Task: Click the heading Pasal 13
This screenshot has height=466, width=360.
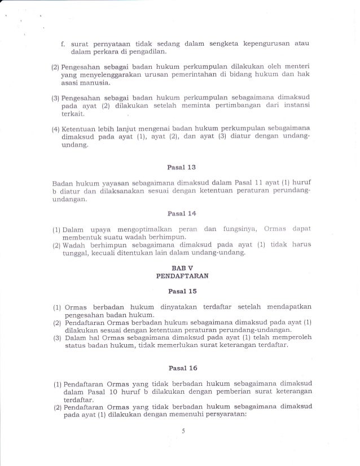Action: [179, 168]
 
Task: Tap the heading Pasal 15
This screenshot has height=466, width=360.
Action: [179, 291]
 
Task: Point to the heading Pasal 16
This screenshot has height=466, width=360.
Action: [179, 369]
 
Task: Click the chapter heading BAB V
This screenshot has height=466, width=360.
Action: [179, 267]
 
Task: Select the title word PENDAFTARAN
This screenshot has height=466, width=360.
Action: [179, 276]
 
